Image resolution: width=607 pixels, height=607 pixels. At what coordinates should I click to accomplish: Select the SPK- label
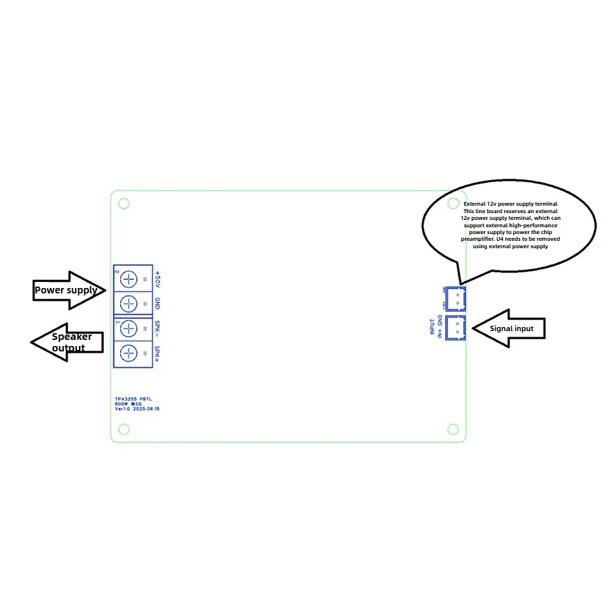pyautogui.click(x=157, y=328)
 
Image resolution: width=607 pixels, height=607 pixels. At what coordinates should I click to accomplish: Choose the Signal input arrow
pyautogui.click(x=507, y=328)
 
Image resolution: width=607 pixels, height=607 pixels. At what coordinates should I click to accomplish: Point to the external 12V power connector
pyautogui.click(x=456, y=297)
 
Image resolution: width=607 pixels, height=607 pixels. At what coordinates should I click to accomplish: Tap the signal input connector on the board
pyautogui.click(x=456, y=327)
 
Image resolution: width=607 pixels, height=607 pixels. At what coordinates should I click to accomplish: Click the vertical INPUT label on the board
pyautogui.click(x=432, y=327)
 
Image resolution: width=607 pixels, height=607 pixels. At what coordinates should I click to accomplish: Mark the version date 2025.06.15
pyautogui.click(x=146, y=409)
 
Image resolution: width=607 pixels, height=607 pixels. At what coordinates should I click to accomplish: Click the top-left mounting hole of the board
pyautogui.click(x=123, y=203)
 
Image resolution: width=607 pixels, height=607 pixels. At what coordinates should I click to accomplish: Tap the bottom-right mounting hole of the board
pyautogui.click(x=453, y=430)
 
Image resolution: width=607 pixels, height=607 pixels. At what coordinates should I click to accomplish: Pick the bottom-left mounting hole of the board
pyautogui.click(x=123, y=429)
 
